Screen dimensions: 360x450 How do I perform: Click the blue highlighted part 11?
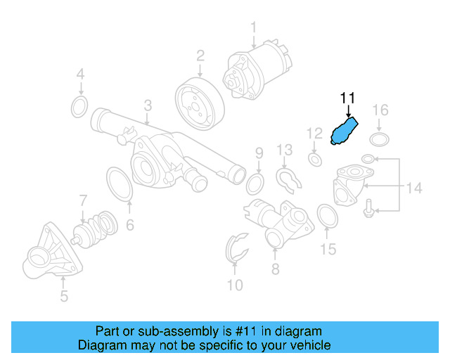pos(344,131)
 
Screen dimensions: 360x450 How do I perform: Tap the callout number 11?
pos(348,98)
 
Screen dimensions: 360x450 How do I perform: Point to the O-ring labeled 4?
pos(79,107)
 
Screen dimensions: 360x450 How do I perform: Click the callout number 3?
pos(148,106)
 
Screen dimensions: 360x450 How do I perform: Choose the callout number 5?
pos(64,296)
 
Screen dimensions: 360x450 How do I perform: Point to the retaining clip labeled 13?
pos(288,180)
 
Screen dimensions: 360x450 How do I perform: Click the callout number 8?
pos(275,269)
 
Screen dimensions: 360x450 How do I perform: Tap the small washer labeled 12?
pos(315,159)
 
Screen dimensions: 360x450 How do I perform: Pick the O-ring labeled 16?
pos(380,139)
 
